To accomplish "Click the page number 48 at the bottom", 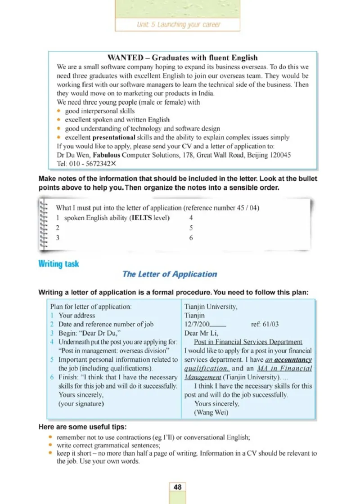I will (177, 487).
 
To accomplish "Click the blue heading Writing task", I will (58, 264).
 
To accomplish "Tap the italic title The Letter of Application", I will (169, 274).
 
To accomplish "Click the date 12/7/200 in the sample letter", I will (198, 324).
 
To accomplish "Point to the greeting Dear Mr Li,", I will (201, 333).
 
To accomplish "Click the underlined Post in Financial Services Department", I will (248, 342).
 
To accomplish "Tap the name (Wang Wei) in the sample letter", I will (211, 412).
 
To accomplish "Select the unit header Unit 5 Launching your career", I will (179, 25).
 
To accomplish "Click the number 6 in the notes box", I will (191, 238).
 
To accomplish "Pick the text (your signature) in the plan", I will (81, 404).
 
